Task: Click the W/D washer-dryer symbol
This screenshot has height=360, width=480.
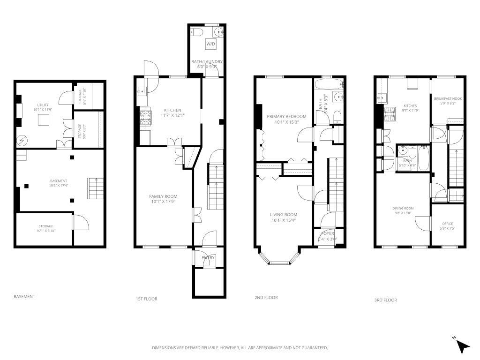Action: (211, 44)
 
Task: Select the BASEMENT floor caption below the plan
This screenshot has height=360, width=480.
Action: (24, 297)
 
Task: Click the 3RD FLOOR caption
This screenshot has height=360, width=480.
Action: (385, 300)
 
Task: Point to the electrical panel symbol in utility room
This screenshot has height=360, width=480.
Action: (22, 140)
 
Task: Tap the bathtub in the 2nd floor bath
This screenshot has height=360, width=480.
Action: (329, 85)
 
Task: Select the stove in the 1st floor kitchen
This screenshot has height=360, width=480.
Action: (146, 117)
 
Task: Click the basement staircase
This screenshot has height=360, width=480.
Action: (94, 188)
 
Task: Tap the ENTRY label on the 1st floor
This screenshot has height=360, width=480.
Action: (208, 258)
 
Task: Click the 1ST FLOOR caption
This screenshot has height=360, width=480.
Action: (146, 299)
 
